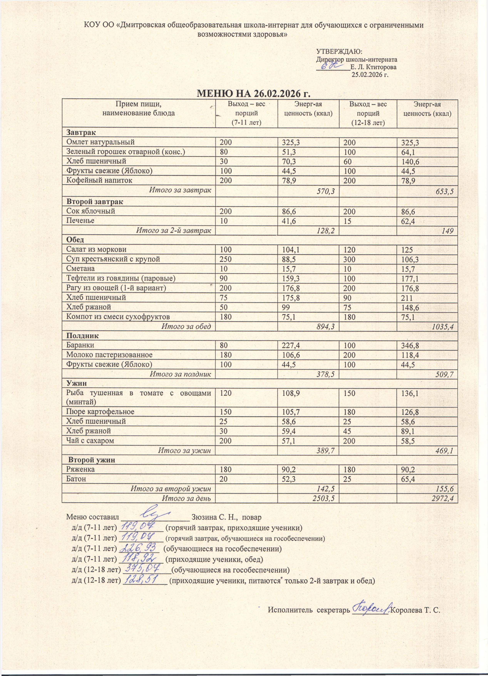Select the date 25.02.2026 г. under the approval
tap(370, 75)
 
